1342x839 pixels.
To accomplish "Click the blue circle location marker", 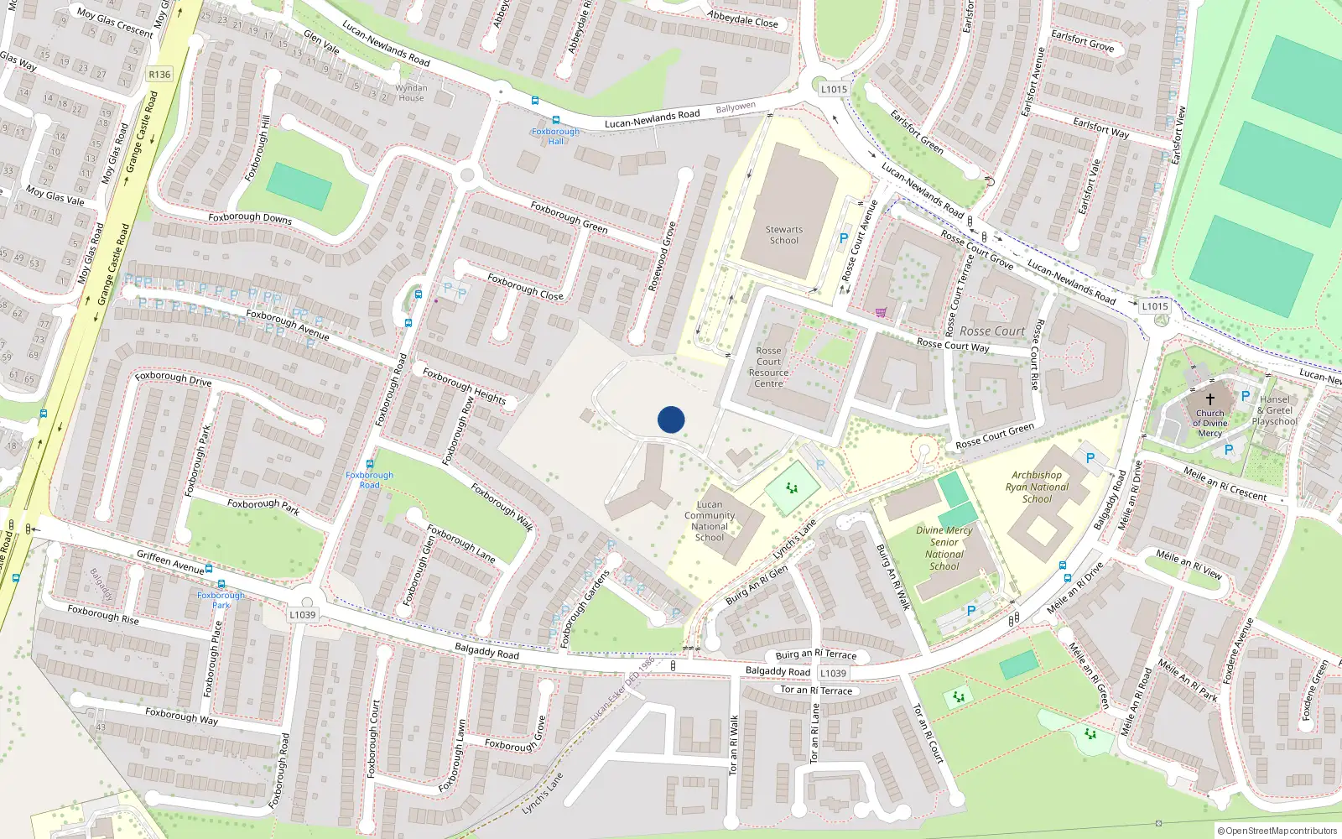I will (671, 419).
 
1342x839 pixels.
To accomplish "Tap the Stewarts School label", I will (784, 235).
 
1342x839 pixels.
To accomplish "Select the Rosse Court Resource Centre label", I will (768, 367).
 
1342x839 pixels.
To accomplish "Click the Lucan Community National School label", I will (710, 521).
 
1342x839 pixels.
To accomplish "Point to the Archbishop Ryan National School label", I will (1038, 487).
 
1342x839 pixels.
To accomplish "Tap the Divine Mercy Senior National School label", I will (944, 548).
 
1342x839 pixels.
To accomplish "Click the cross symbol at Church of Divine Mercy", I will (1209, 399).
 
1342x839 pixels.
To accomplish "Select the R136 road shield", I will (159, 75).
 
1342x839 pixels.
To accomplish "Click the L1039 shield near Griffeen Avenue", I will (303, 615).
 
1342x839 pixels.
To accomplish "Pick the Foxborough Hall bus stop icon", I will (555, 121).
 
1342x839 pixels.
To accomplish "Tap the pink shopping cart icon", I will (881, 312).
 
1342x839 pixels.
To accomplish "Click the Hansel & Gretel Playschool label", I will (1275, 410).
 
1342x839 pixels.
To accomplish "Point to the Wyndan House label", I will (411, 92).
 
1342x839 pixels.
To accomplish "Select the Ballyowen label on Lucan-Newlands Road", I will (736, 107).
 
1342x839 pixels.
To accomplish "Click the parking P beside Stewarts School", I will (844, 239).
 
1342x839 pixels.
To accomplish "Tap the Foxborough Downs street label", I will (250, 217).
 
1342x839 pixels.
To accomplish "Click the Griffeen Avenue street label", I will (170, 561).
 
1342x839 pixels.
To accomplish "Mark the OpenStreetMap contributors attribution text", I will (1277, 831).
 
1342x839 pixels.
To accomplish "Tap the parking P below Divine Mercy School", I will (971, 611).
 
